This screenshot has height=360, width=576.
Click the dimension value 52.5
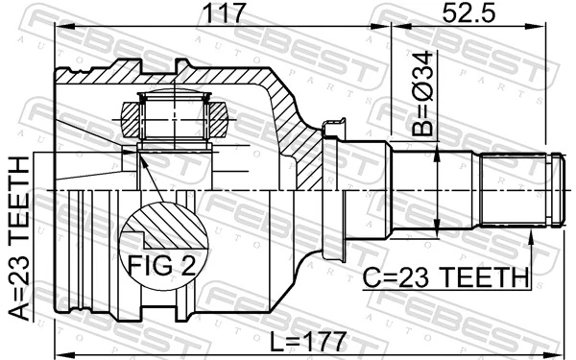[468, 13]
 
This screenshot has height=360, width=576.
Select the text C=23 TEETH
[446, 277]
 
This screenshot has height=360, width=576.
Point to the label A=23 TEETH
[20, 241]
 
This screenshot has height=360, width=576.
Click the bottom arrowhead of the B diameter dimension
[438, 229]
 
